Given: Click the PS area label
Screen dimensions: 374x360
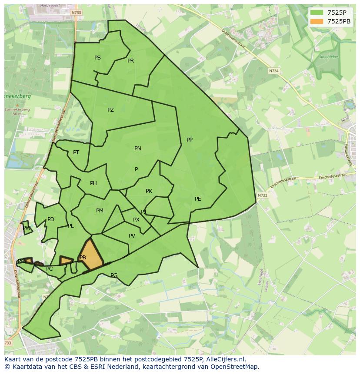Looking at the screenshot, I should (x=97, y=58).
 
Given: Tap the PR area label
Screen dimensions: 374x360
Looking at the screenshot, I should (x=130, y=61).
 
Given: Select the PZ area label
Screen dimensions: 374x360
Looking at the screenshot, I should (x=110, y=110).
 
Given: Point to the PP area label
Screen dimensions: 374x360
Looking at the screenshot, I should (x=190, y=140).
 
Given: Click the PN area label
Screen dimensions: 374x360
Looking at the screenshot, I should (x=138, y=149).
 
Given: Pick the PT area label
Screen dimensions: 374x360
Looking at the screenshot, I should (x=76, y=152).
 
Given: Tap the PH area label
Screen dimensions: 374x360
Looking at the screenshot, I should (x=93, y=183).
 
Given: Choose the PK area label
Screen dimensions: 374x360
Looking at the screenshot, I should (x=149, y=191).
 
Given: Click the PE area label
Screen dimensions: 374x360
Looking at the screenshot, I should (x=198, y=199).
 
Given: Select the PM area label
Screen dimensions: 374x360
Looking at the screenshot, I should (x=100, y=211).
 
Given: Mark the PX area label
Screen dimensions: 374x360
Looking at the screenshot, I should (x=136, y=220).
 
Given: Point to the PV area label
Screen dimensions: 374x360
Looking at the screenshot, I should (x=132, y=236).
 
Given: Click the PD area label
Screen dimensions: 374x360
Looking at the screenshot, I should (x=51, y=219).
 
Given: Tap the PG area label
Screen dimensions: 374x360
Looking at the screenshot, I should (x=114, y=275).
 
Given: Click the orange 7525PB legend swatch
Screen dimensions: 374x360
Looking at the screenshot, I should (x=317, y=21).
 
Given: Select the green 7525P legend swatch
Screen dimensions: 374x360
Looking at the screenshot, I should (x=317, y=13).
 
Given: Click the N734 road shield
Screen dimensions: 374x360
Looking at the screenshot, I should (x=273, y=70).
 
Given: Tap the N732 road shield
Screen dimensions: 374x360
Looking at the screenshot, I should (x=262, y=195).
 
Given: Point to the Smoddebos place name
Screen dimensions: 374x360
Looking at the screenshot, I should (x=328, y=56).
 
